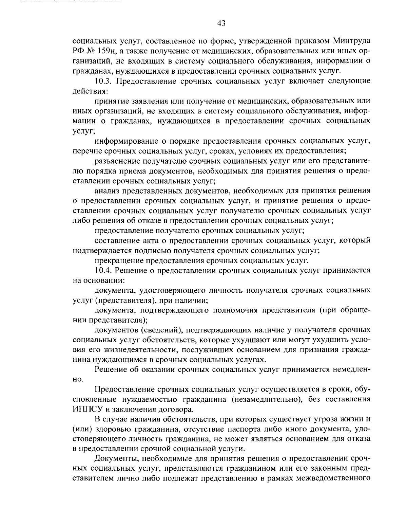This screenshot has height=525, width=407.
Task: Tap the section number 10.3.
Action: (x=102, y=82)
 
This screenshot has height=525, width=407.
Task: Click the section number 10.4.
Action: (x=102, y=271)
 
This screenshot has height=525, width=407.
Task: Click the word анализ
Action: (x=106, y=191)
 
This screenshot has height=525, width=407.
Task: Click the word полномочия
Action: (x=234, y=310)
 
